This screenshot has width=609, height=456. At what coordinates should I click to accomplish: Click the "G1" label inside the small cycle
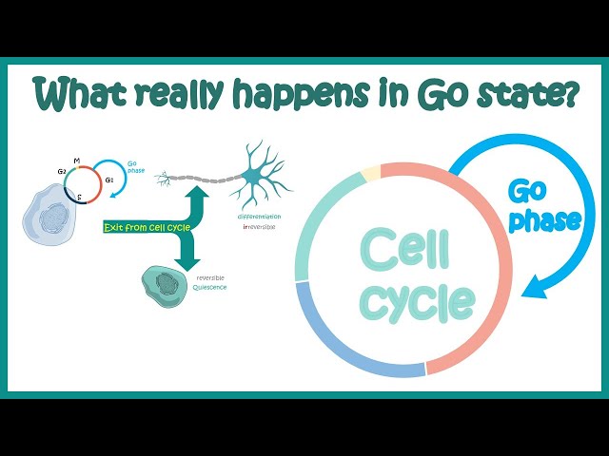tap(108, 179)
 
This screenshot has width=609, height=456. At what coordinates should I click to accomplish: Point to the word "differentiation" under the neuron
tap(260, 216)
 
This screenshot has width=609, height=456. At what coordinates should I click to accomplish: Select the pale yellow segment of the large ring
tap(369, 171)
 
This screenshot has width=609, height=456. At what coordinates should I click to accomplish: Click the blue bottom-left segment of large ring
tap(343, 332)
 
